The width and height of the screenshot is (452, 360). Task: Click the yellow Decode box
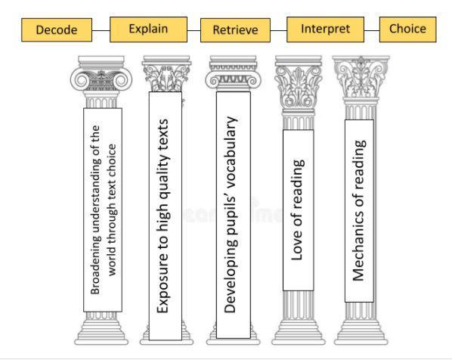coord(57,30)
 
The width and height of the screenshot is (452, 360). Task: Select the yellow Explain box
coord(148,29)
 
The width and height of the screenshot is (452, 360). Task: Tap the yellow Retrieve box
coord(236,30)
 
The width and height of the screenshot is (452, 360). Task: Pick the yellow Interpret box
coord(325,29)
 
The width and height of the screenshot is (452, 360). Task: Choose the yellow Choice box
coord(408,29)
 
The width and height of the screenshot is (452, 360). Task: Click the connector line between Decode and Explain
coord(101,30)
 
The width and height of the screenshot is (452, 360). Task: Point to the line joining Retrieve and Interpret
coord(279,30)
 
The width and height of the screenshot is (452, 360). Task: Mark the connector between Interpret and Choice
coord(372,30)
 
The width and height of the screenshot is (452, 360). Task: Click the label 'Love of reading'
coord(298,209)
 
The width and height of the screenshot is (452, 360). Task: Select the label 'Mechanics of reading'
coord(359,210)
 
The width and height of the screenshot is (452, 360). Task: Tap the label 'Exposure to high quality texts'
coord(163,216)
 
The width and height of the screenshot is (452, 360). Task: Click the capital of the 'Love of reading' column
coord(299,83)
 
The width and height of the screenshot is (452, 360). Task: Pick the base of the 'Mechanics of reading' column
coord(361,332)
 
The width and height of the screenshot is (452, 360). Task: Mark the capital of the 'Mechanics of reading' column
coord(361,77)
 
